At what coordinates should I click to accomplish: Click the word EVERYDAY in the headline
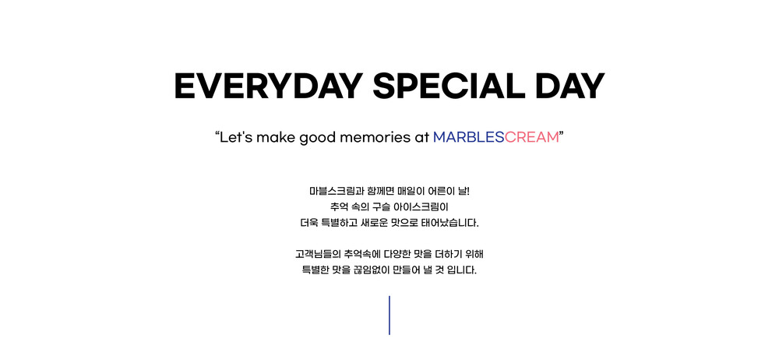tap(268, 86)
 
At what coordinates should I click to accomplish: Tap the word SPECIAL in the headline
tap(449, 86)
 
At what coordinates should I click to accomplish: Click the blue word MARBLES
tap(468, 137)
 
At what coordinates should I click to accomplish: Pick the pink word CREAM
tap(531, 137)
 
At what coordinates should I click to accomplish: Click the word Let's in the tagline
tap(237, 137)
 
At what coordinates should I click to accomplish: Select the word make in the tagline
tap(276, 137)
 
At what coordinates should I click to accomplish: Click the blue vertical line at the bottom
tap(389, 316)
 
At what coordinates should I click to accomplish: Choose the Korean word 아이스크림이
tap(421, 206)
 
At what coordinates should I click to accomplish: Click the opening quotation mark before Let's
tap(217, 134)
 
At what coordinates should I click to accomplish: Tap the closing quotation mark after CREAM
tap(562, 134)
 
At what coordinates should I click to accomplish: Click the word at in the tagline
tap(421, 138)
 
